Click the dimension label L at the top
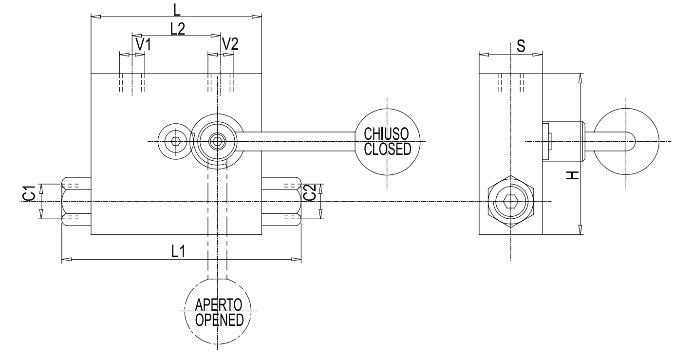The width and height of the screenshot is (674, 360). point(176,8)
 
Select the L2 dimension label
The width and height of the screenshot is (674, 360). point(177,29)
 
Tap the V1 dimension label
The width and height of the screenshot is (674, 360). point(143,45)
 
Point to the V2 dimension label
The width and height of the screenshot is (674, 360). point(230,44)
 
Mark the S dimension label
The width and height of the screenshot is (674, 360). point(521,46)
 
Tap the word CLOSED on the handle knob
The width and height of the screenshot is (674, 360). point(386,148)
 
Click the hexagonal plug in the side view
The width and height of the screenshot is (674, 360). point(510,201)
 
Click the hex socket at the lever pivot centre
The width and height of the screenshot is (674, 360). point(217,141)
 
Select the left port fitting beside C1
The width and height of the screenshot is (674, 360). point(76,201)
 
